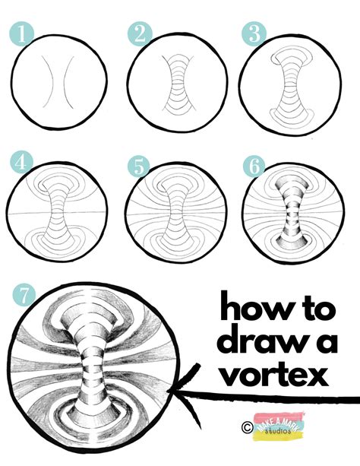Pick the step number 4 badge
click(21, 163)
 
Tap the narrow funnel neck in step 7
click(88, 365)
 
